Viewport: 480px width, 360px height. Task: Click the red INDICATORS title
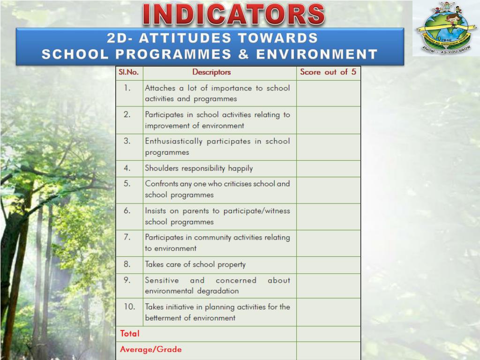(x=233, y=15)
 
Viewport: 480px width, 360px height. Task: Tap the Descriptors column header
(x=211, y=72)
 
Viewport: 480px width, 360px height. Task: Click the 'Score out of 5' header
(x=328, y=72)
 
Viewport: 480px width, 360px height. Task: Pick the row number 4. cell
(x=127, y=168)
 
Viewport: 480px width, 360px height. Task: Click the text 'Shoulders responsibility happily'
(x=199, y=168)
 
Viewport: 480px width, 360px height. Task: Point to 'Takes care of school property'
(x=195, y=264)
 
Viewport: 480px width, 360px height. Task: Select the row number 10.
(x=129, y=307)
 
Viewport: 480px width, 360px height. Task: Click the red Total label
(x=130, y=334)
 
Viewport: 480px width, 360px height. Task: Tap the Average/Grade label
(x=150, y=350)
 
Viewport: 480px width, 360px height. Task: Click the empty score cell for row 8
(x=328, y=265)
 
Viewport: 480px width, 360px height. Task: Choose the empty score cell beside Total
(x=328, y=334)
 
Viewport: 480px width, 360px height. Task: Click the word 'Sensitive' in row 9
(x=162, y=280)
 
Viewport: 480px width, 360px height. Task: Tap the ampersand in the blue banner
(x=243, y=54)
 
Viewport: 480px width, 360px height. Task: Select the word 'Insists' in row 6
(x=155, y=211)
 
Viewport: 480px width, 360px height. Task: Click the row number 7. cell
(x=127, y=237)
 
